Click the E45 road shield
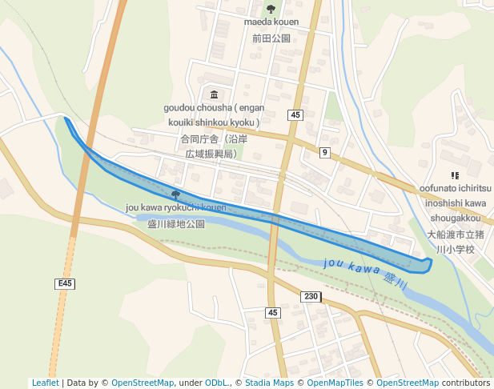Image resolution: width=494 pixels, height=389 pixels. pos(65,283)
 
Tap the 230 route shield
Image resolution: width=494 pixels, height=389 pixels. pos(311,296)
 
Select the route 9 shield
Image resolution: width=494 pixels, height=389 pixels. pos(324,152)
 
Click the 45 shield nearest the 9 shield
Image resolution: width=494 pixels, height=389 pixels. pos(296,115)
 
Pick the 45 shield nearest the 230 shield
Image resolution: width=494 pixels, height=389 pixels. pos(273,312)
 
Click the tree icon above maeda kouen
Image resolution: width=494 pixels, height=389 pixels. pos(271,9)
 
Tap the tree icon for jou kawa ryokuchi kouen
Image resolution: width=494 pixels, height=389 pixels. pos(175,194)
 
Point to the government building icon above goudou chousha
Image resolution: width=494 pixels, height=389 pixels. pos(212,94)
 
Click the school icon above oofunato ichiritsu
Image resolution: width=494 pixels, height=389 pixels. pos(455,174)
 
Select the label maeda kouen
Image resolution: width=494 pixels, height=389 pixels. pos(271,22)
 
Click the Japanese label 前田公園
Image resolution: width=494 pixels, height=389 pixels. pos(271,38)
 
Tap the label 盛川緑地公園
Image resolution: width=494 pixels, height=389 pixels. pos(176,224)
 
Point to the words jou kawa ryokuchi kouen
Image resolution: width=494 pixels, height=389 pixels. pos(176,208)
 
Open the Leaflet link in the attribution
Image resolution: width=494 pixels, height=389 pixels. pos(45,383)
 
